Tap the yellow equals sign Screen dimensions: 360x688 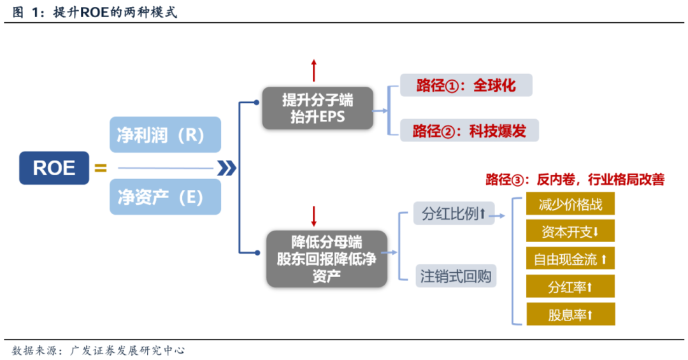tap(100, 168)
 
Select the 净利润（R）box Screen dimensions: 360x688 tap(165, 134)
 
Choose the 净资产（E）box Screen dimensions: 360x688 tap(165, 197)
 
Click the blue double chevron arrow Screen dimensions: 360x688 tap(227, 168)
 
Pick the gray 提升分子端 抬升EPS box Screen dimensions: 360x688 tap(317, 109)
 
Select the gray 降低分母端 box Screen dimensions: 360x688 tap(327, 259)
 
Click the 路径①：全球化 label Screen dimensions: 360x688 tap(466, 85)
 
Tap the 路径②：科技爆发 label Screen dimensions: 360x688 tap(469, 131)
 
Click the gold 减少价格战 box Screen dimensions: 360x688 tap(570, 205)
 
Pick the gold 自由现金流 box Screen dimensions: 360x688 tap(570, 259)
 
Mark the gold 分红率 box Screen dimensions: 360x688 tap(570, 287)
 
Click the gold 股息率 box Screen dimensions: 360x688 tap(570, 315)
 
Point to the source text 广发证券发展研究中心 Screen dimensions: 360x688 tap(127, 350)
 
